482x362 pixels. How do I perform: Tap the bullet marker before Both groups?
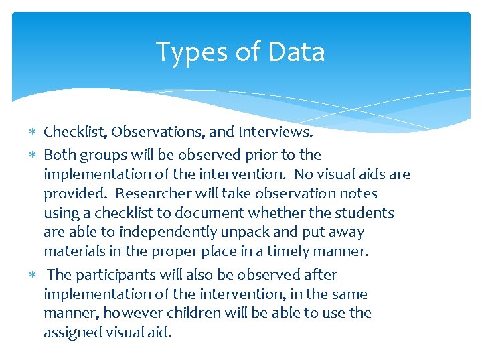35,155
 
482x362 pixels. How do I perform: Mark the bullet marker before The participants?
35,275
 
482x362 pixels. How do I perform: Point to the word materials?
72,252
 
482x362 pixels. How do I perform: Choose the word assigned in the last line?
72,333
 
